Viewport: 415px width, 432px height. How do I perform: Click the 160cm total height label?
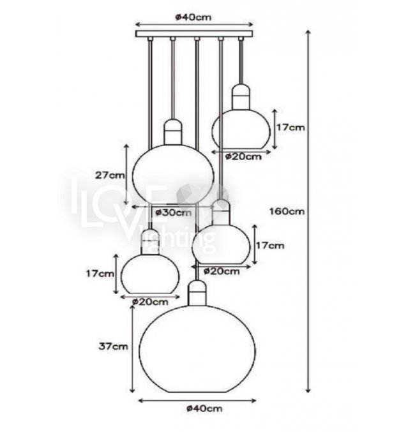coord(287,211)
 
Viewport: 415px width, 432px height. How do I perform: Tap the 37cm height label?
coord(113,346)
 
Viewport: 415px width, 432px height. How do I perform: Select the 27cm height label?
coord(110,175)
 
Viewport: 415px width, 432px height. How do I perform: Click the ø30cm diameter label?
coord(173,212)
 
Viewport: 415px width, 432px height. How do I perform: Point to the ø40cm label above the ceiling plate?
coord(193,17)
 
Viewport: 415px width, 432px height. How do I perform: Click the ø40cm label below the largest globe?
coord(204,408)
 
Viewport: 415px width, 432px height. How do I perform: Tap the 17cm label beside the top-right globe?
coord(290,127)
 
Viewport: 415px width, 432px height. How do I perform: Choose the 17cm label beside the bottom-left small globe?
coord(100,274)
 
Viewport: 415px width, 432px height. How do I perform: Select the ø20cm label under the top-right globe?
coord(243,157)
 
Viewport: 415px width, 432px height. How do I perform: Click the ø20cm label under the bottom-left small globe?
coord(150,302)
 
